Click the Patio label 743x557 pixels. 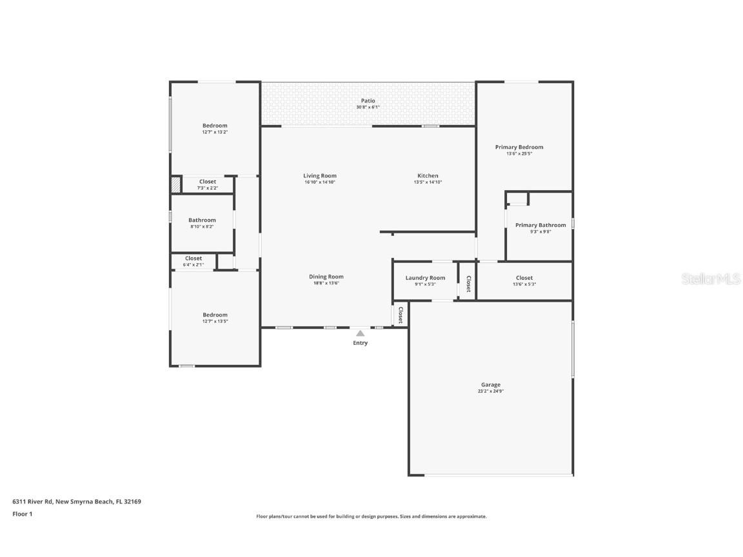point(368,101)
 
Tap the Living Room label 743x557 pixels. point(320,176)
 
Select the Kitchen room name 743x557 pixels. point(428,176)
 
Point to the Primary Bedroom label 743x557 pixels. point(519,147)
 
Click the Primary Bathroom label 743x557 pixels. point(540,225)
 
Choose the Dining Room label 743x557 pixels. point(326,277)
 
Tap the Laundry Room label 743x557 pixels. point(425,278)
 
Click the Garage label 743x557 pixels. point(490,385)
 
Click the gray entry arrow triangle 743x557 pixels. point(360,333)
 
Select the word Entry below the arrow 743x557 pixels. point(360,343)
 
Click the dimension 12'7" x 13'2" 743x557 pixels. point(215,132)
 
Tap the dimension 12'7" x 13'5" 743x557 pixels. point(215,322)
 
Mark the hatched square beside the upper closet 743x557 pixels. point(175,185)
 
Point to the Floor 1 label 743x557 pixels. point(22,514)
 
